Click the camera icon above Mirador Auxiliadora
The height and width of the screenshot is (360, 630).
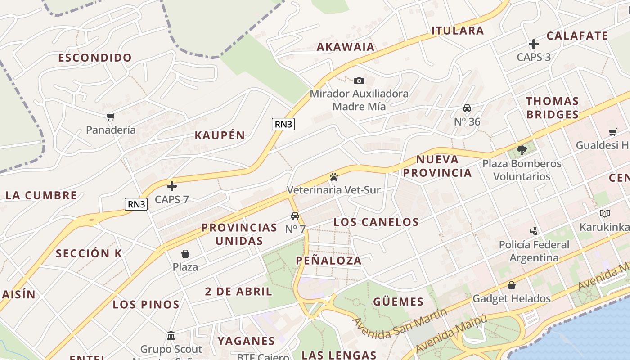point(359,81)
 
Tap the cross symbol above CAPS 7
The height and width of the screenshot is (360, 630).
point(171,186)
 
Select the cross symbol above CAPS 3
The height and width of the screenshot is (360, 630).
point(534,44)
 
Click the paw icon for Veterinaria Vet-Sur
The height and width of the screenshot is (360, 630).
point(333,177)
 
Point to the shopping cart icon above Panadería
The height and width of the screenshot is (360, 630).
point(111,117)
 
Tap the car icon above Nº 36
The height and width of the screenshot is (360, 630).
point(467,109)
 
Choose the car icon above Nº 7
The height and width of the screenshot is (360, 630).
point(295,216)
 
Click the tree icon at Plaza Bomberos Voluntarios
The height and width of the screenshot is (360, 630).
point(522,150)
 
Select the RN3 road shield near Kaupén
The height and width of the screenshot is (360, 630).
point(283,124)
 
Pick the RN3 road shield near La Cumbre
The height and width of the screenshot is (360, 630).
point(136,204)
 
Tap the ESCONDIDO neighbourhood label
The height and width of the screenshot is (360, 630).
point(95,58)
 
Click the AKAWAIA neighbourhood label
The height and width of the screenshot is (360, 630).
point(346,47)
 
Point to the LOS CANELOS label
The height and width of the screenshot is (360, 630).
point(376,222)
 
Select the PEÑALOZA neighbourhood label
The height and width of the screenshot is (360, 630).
point(329,260)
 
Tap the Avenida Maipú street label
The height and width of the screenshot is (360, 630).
point(451,333)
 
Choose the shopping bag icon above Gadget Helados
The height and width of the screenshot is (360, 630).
point(512,285)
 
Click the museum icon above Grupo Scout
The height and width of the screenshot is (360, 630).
point(171,336)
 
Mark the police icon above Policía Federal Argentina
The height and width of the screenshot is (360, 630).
point(534,231)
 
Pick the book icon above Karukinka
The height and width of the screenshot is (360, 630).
point(605,214)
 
